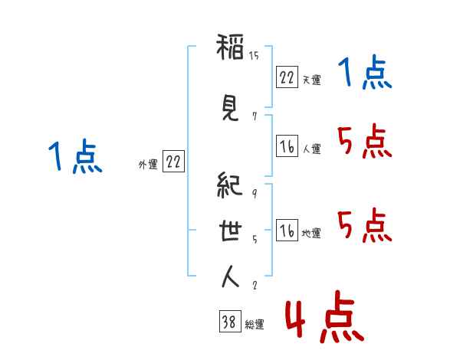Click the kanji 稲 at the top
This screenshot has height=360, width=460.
click(230, 47)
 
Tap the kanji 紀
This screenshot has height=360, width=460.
click(230, 185)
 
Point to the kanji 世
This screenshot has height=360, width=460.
click(230, 231)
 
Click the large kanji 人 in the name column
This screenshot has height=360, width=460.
click(230, 277)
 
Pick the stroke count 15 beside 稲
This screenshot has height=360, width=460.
click(254, 55)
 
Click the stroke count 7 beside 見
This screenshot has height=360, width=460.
click(255, 116)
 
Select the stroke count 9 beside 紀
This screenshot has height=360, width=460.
click(255, 193)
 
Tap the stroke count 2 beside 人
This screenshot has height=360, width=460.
click(255, 285)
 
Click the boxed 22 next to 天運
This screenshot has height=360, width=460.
click(287, 77)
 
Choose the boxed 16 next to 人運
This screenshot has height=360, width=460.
click(287, 146)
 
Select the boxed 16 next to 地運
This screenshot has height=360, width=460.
click(287, 230)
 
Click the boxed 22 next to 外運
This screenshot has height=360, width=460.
click(173, 162)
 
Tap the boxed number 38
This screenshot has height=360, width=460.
click(230, 321)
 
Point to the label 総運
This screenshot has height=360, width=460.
click(255, 324)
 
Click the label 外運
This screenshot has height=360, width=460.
click(148, 165)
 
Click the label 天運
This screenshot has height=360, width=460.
click(311, 80)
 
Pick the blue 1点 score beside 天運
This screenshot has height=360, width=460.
click(365, 73)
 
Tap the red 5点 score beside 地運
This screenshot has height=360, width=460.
click(365, 225)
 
